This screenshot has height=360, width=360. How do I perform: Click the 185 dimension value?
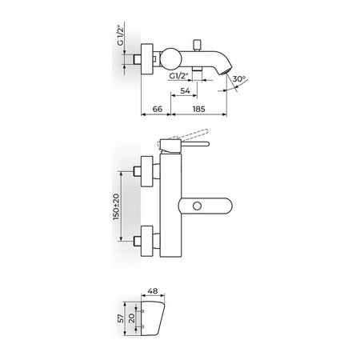tap(198, 109)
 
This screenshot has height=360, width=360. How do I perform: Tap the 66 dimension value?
tap(158, 109)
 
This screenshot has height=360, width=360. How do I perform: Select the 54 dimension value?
tap(185, 90)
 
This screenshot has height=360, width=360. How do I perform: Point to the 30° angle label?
tap(238, 79)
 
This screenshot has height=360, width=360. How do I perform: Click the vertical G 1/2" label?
tap(121, 35)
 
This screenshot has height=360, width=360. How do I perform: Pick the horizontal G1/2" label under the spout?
tap(178, 76)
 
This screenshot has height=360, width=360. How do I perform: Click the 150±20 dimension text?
tap(116, 207)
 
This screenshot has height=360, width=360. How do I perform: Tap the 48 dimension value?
tap(153, 291)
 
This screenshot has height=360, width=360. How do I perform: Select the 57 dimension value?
tap(121, 318)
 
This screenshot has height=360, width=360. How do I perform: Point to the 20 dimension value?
tap(132, 318)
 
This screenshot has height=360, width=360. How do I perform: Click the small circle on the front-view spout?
tap(197, 206)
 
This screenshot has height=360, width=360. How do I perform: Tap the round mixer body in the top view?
tap(171, 58)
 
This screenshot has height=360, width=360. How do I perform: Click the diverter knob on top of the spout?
tap(198, 45)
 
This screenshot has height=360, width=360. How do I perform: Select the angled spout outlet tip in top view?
tap(224, 70)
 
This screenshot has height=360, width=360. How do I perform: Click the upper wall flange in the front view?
tap(147, 171)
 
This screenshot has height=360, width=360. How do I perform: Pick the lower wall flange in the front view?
tap(147, 241)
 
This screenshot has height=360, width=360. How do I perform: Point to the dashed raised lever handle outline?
tap(194, 134)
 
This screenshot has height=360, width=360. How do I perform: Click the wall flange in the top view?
tap(147, 59)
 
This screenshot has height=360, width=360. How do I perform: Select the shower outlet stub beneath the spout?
tap(197, 69)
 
